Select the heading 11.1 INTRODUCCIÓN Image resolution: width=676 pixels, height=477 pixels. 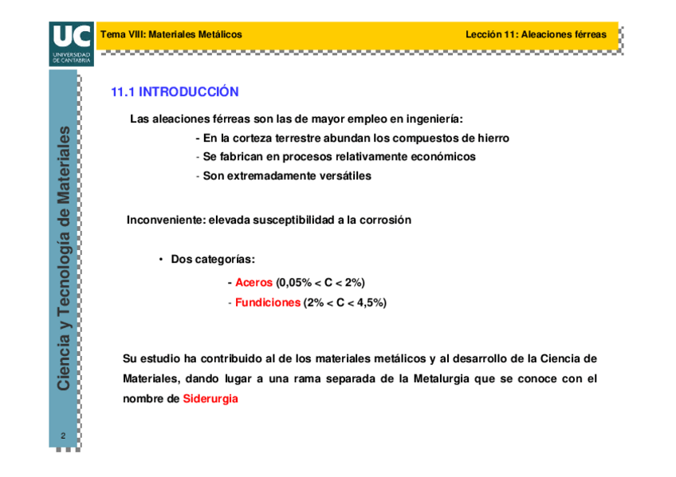[x=175, y=92]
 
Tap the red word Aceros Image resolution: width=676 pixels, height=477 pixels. [x=253, y=283]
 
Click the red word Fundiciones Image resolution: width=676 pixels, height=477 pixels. [x=268, y=303]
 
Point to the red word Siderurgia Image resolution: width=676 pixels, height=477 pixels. [x=210, y=399]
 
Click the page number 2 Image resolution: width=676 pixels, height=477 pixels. [x=64, y=436]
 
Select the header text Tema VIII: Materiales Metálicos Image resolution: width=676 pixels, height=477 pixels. [x=171, y=34]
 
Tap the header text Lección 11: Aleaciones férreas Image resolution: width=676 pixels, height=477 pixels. [x=536, y=34]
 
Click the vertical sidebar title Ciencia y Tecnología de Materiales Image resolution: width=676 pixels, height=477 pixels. [x=65, y=258]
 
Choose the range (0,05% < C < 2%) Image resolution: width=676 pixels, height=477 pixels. [x=320, y=283]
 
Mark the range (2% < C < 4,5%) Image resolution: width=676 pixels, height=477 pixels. [x=345, y=303]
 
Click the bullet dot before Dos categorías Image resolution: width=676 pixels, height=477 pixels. [x=161, y=260]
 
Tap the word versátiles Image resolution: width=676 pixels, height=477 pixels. [x=344, y=176]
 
